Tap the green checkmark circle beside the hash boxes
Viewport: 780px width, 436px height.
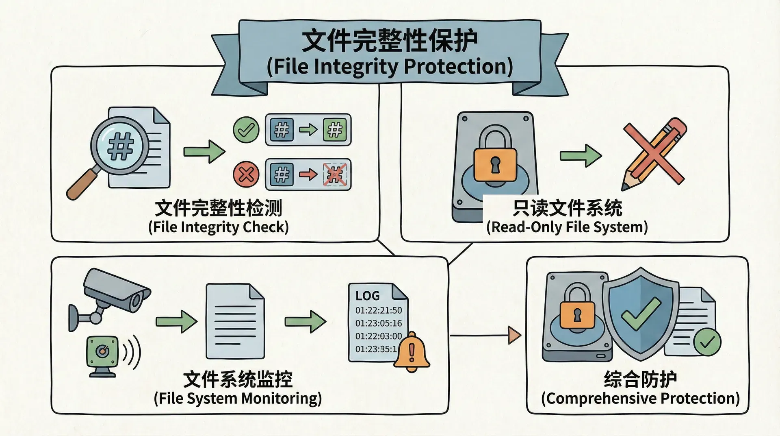[x=246, y=130]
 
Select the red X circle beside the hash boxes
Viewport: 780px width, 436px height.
[x=246, y=174]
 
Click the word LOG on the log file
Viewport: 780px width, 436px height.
[x=367, y=296]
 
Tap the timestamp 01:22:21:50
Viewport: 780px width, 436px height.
[x=378, y=310]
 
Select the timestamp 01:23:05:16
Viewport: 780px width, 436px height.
[x=378, y=323]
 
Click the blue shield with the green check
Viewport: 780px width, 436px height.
[x=641, y=313]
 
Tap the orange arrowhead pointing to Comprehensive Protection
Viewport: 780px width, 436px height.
[x=514, y=336]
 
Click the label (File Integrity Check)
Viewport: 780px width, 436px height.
[x=218, y=227]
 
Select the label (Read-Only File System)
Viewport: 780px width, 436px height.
[x=567, y=227]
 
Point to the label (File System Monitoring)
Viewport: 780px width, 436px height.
[x=238, y=398]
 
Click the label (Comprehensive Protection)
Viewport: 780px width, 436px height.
[x=640, y=398]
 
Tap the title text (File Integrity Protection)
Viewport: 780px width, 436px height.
[x=390, y=67]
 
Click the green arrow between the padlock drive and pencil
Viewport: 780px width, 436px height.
[x=580, y=155]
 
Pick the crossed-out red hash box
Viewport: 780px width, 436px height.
[x=334, y=174]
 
